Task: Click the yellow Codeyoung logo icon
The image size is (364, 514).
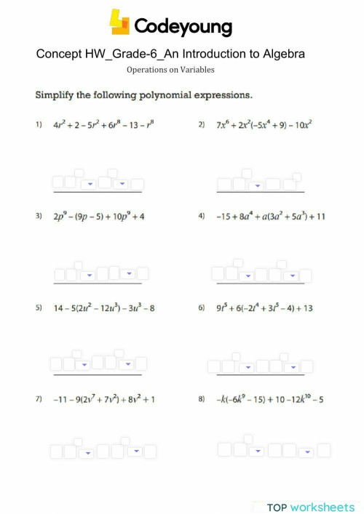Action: pos(119,23)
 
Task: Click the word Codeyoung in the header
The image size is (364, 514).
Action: pos(182,27)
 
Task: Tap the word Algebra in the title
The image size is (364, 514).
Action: pos(280,55)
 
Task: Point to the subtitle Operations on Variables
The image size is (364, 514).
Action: pos(170,70)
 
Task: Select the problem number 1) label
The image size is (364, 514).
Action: pos(38,124)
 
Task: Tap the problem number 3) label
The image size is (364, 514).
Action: pos(38,217)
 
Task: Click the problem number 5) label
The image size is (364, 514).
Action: pos(38,308)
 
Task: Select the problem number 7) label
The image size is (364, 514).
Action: pos(38,399)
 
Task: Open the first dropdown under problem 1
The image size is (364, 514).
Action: pos(88,185)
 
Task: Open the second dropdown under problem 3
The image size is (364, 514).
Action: pos(128,275)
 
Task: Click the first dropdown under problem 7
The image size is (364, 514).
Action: pos(88,453)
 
